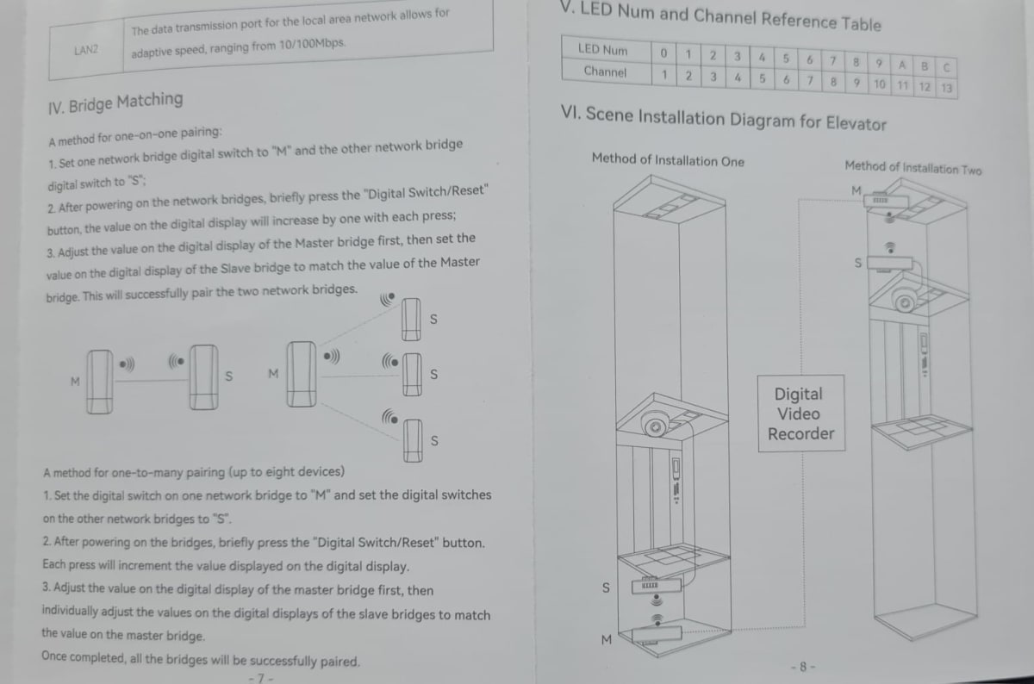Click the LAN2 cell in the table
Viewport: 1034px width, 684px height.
86,50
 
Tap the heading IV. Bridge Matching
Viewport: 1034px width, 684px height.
115,103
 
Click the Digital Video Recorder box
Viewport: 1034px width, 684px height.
801,414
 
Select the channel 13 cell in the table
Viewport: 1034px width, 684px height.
946,87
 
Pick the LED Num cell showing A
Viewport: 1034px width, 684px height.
901,65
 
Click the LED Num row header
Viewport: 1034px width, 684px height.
603,49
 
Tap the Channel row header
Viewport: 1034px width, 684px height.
605,72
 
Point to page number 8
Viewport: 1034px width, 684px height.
803,667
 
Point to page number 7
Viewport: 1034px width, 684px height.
261,678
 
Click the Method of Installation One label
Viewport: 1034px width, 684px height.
668,160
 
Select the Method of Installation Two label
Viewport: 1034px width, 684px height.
913,168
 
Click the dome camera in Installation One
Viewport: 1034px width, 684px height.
655,423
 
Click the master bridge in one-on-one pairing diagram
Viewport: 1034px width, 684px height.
100,382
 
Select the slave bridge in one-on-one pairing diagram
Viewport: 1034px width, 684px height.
203,377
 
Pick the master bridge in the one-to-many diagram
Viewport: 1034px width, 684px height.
302,374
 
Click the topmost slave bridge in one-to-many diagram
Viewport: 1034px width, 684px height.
411,320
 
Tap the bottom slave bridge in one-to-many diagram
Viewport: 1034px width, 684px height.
413,440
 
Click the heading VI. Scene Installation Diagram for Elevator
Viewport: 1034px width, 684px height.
723,118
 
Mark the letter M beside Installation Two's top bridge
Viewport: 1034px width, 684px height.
856,190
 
